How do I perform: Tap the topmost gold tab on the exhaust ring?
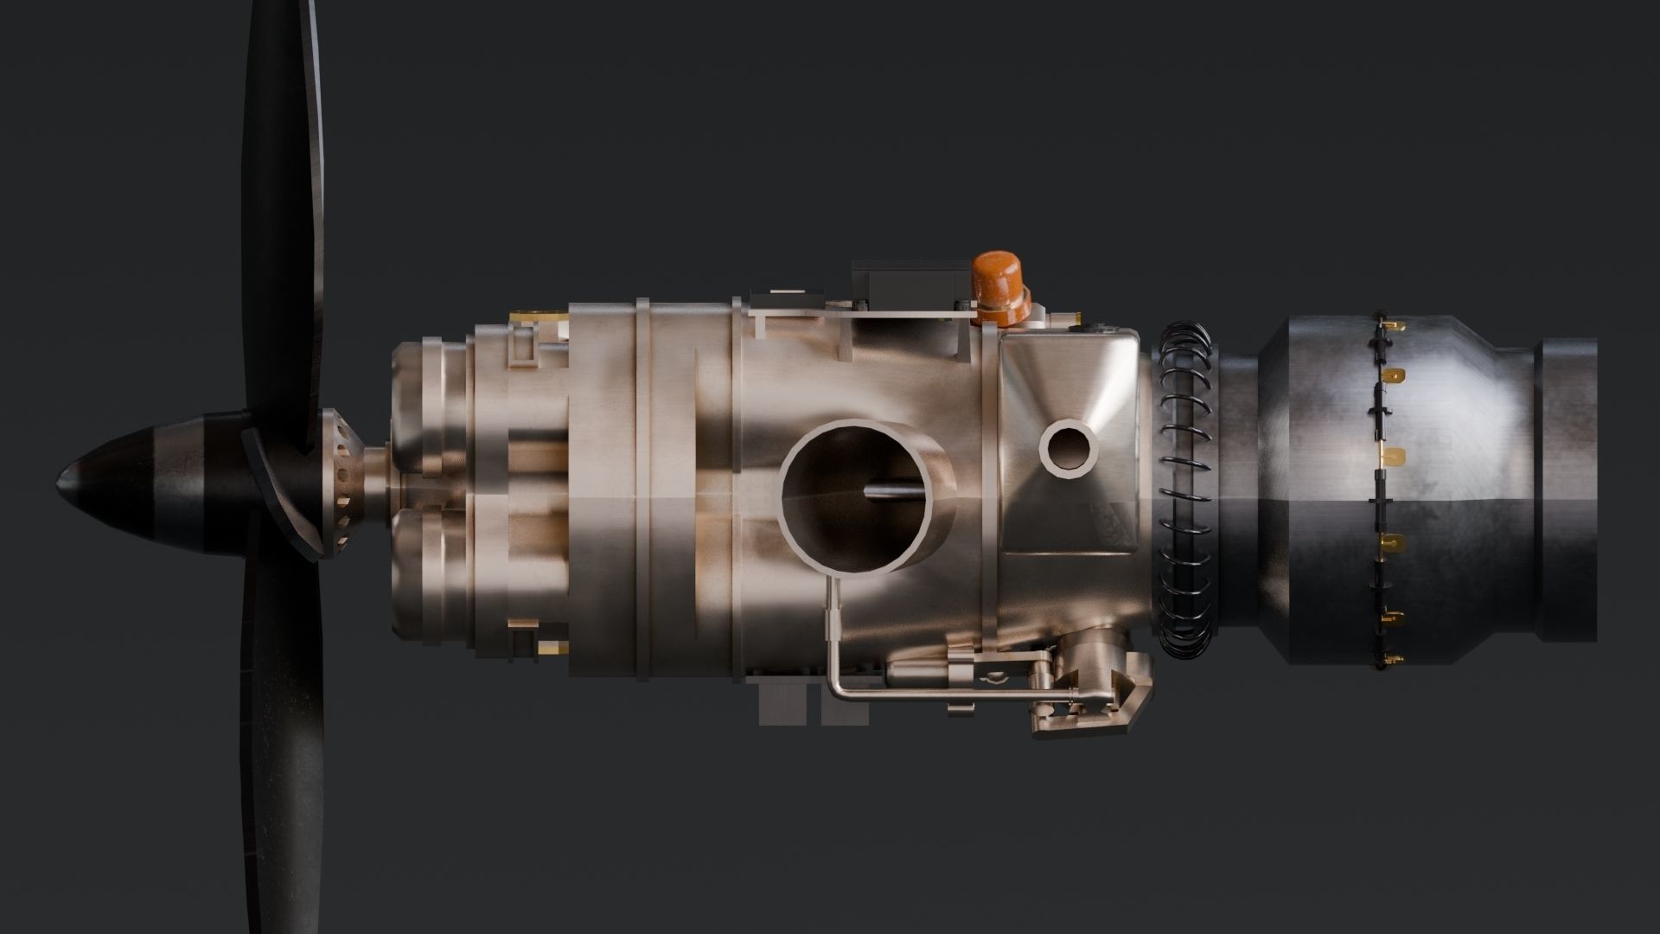[1393, 326]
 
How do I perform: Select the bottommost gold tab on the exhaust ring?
[1389, 662]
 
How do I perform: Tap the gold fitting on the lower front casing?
[547, 646]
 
